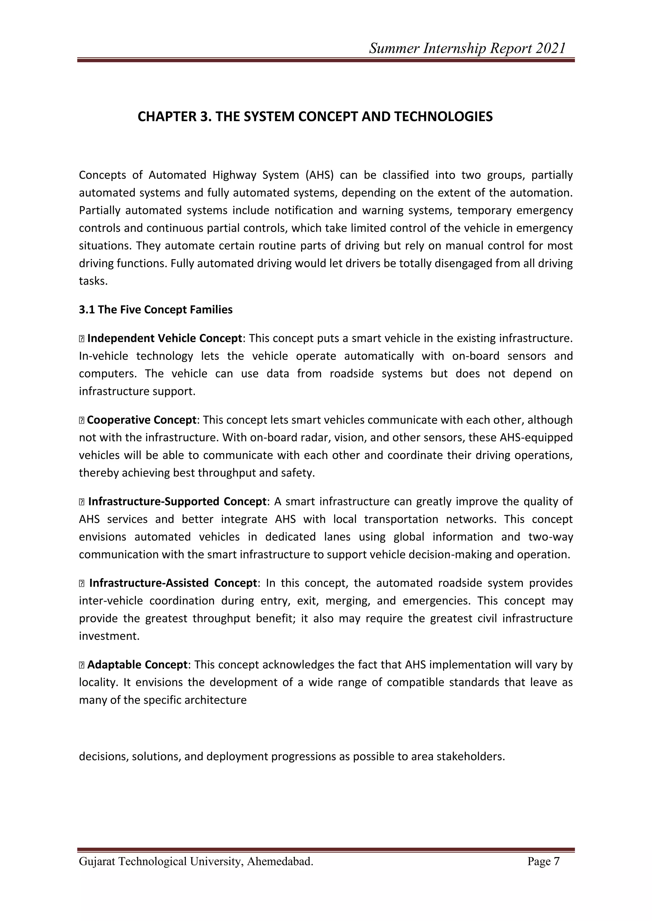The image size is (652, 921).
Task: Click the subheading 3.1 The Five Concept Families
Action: tap(156, 310)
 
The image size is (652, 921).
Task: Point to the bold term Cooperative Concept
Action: tap(141, 420)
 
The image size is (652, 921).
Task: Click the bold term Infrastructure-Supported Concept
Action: tap(177, 502)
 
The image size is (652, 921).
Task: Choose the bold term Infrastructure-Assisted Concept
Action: tap(173, 583)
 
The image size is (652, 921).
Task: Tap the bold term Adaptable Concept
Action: tap(137, 665)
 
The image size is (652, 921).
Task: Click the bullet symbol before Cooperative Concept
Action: tap(81, 420)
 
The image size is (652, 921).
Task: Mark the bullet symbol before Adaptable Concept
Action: tap(81, 665)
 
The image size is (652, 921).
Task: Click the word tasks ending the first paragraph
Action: tap(93, 281)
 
